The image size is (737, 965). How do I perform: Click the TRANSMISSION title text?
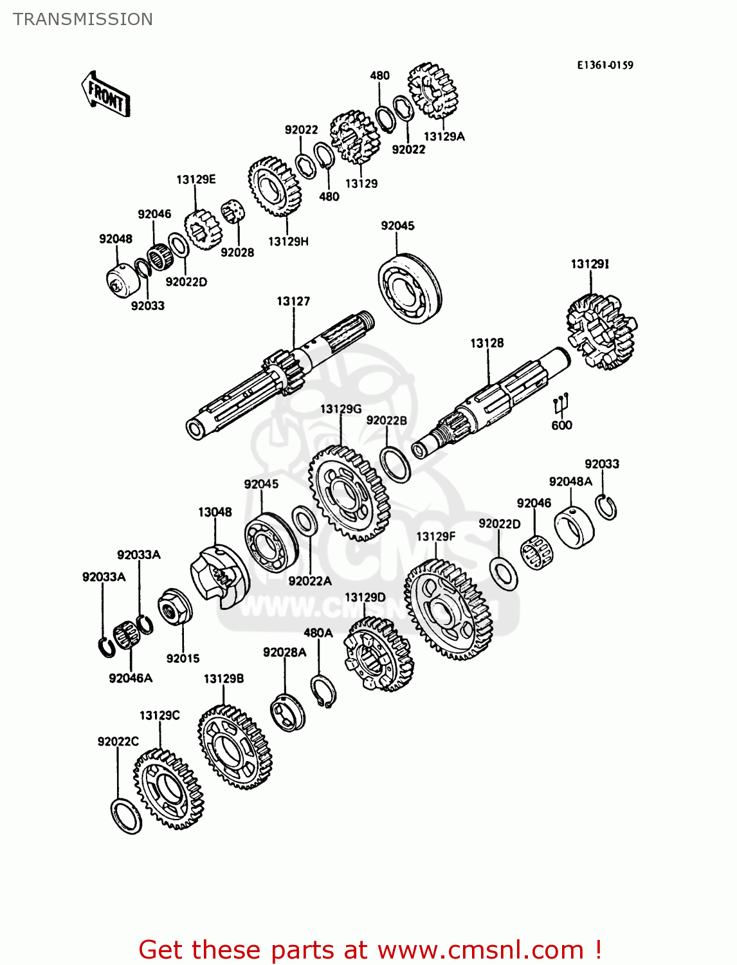83,19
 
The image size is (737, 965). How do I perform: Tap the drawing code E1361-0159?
604,65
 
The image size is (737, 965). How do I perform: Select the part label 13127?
293,301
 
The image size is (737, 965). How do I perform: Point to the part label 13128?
487,343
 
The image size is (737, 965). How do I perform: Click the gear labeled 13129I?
601,332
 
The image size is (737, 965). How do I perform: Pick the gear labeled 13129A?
432,91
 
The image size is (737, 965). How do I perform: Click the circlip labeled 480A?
323,692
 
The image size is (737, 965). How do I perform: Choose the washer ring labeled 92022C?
126,816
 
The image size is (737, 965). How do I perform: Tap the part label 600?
561,425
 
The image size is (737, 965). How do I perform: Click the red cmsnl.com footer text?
370,950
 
